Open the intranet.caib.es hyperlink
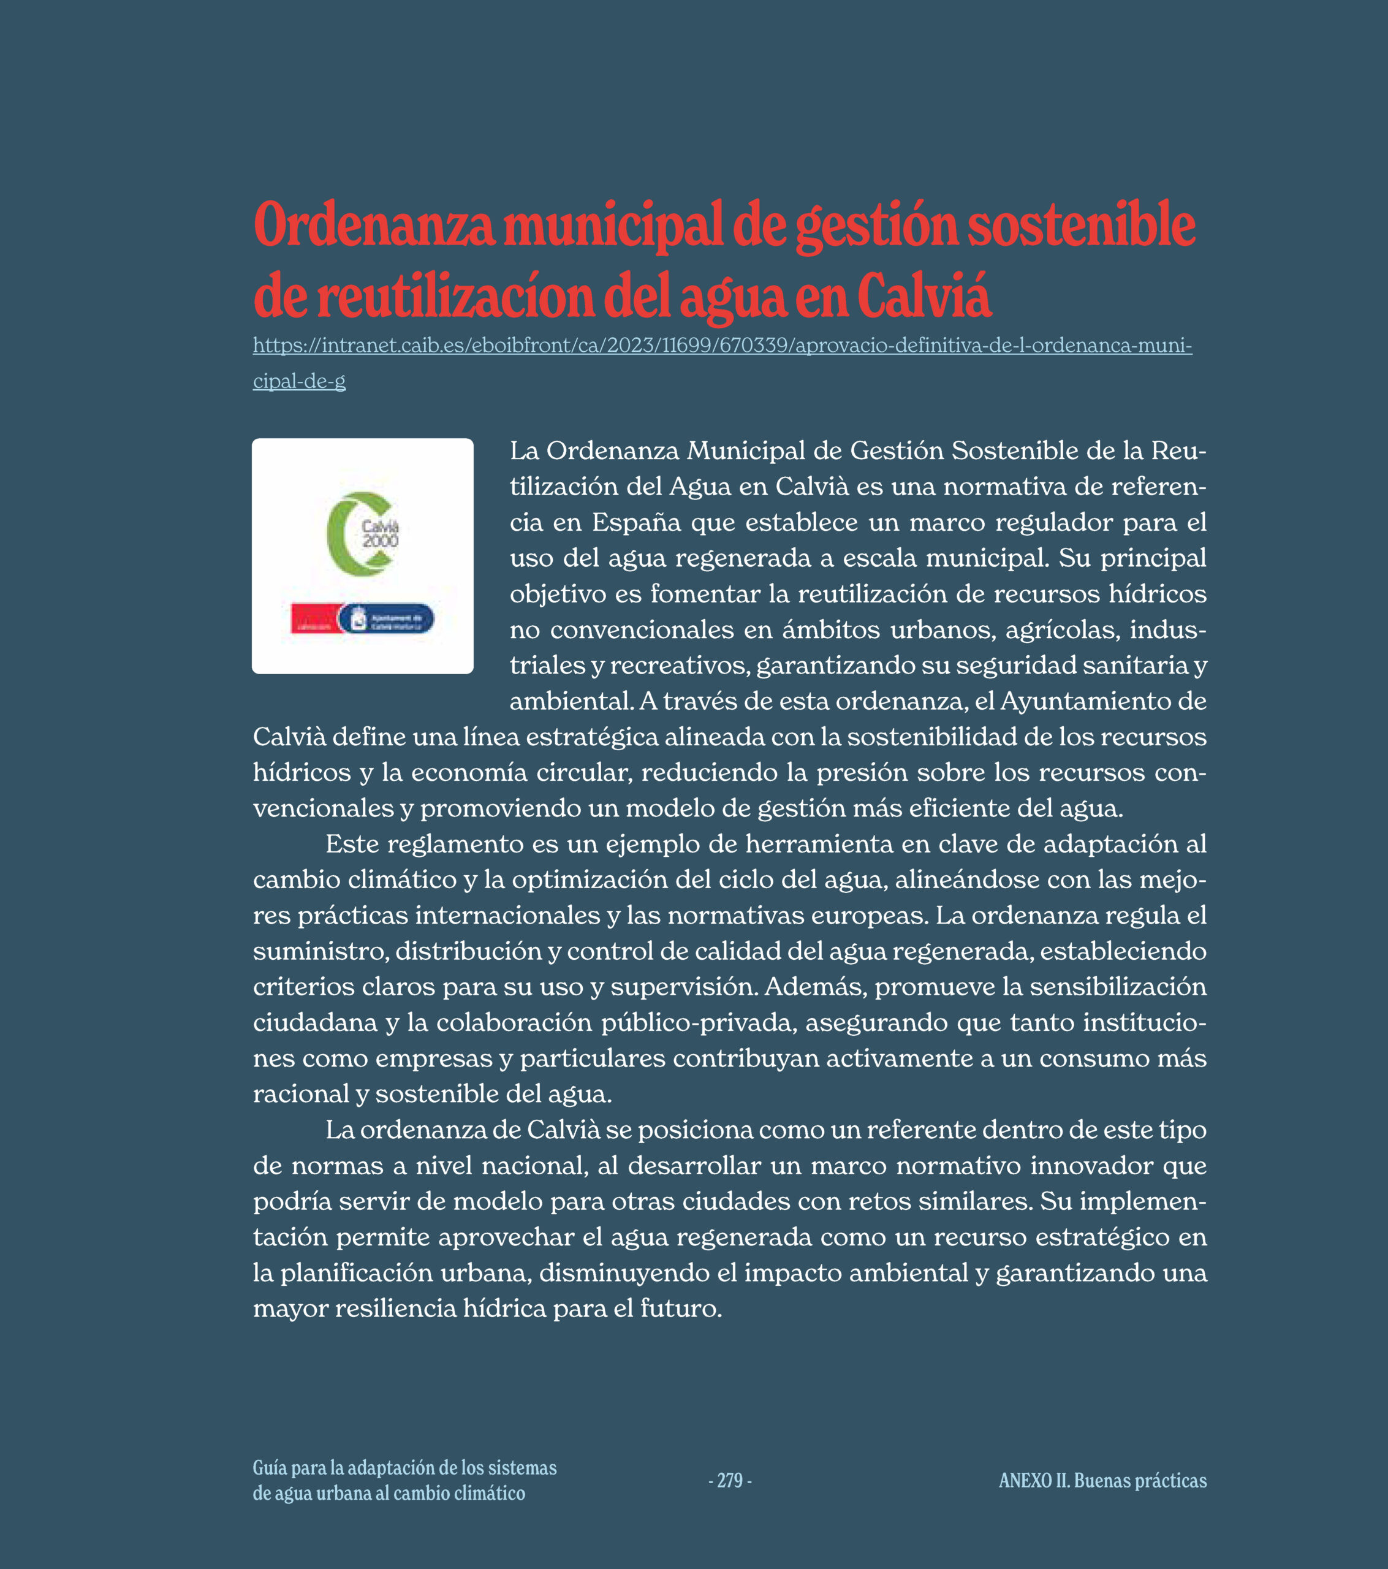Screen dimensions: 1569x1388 (x=722, y=346)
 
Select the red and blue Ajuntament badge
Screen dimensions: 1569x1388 (x=362, y=618)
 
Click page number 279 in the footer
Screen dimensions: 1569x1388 (x=729, y=1481)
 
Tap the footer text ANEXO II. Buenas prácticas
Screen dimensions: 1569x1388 (x=1102, y=1481)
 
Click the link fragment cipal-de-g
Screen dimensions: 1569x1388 (x=300, y=381)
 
